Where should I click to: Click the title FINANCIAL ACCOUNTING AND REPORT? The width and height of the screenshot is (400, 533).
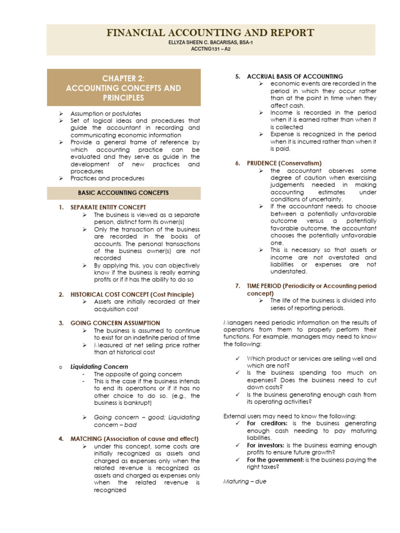point(210,33)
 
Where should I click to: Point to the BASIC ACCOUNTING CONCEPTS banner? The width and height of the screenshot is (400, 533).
point(123,193)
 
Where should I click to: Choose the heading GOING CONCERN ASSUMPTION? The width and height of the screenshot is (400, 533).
point(115,323)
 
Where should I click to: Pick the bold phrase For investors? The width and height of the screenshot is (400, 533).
point(266,445)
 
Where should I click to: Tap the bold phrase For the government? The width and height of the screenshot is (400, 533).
point(274,460)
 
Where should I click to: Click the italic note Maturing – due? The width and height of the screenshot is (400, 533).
point(245,481)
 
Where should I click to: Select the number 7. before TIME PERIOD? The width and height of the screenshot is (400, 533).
point(237,286)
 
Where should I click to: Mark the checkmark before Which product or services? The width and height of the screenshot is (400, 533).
point(238,359)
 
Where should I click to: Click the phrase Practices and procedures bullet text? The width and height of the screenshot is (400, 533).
point(107,178)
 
